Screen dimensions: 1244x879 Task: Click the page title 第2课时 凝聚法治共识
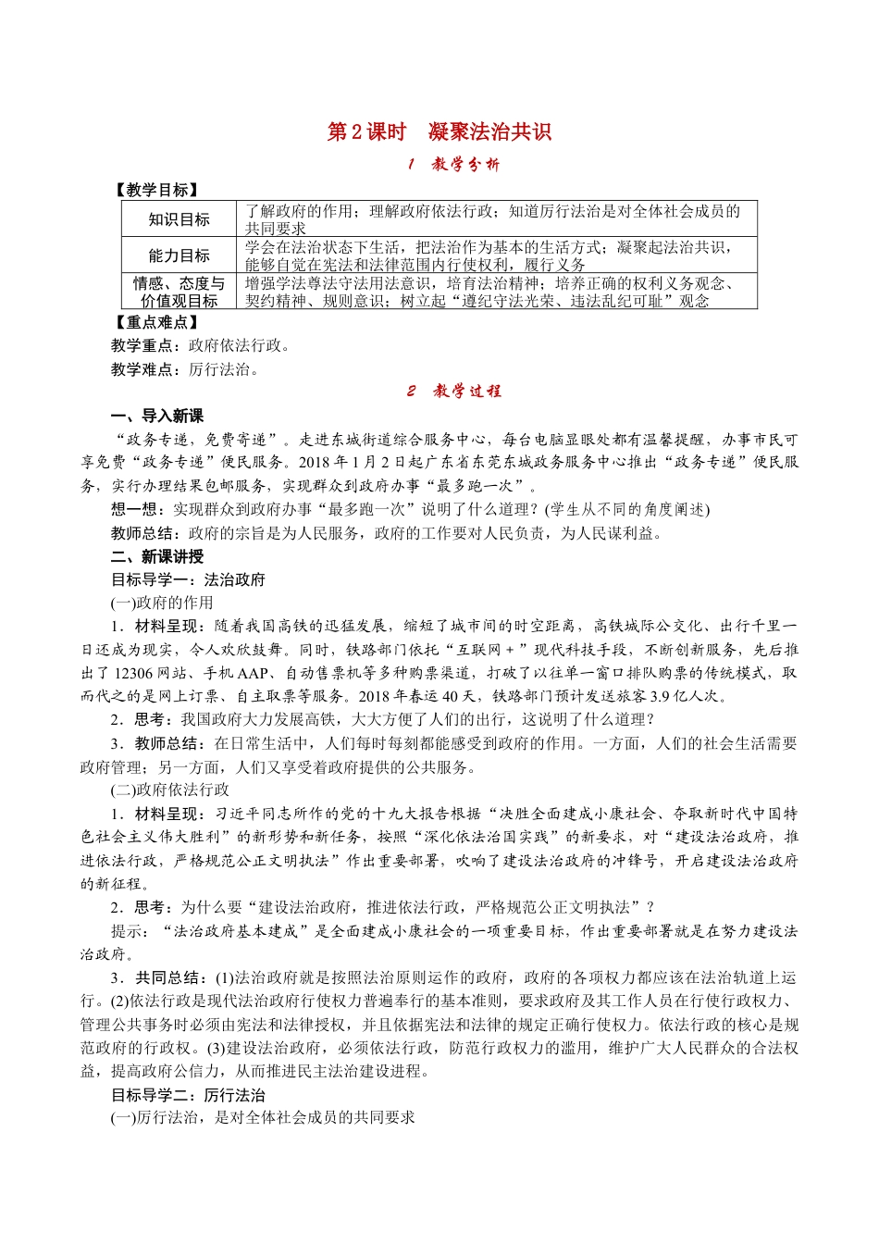coord(439,132)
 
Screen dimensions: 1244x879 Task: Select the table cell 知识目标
coord(179,219)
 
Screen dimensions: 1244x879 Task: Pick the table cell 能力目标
coord(179,255)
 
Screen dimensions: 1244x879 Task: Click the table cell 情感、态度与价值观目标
coord(179,292)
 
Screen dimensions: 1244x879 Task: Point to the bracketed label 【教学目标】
coord(155,190)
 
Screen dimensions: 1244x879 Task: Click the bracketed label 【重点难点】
coord(155,322)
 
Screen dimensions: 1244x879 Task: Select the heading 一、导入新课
coord(157,417)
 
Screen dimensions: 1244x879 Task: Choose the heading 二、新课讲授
coord(157,556)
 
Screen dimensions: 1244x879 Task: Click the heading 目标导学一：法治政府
coord(188,579)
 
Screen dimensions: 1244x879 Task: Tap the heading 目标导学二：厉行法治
coord(188,1095)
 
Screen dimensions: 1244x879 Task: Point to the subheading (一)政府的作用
coord(162,603)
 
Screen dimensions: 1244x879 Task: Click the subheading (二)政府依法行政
coord(170,790)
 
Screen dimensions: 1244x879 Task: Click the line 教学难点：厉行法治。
coord(187,369)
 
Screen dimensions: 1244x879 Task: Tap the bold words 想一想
coord(134,509)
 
